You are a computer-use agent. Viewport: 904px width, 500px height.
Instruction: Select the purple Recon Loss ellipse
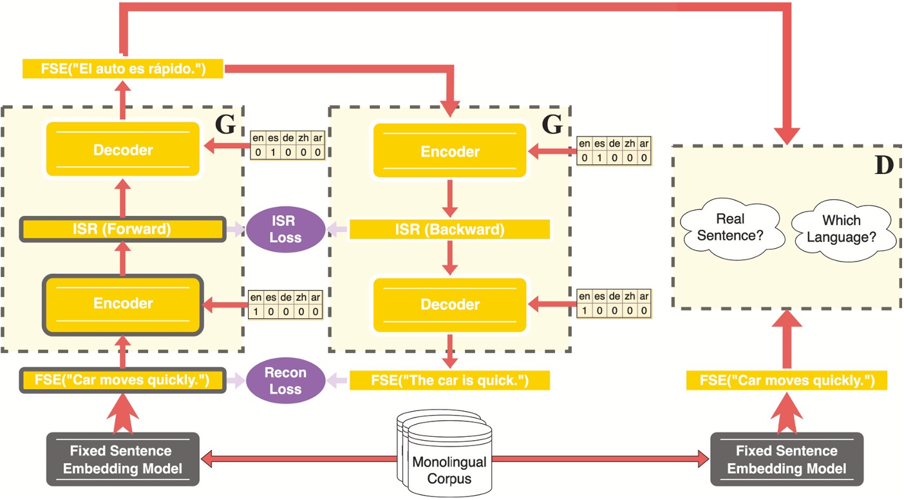click(x=285, y=381)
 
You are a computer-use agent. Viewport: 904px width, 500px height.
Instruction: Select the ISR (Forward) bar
click(x=123, y=229)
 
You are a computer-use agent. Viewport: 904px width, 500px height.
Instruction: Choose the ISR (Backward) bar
click(x=449, y=229)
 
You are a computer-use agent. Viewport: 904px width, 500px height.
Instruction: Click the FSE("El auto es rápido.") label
click(x=123, y=68)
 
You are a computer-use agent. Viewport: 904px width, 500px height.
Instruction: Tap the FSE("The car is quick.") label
click(x=449, y=380)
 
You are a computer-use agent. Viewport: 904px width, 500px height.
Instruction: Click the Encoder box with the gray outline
click(x=123, y=304)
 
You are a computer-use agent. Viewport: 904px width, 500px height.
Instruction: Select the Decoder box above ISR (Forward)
click(x=123, y=150)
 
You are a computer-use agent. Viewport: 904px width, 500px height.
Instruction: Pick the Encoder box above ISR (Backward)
click(x=449, y=151)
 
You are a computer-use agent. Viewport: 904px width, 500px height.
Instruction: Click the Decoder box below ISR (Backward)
click(x=449, y=304)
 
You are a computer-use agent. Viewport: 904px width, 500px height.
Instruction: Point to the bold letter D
click(x=883, y=166)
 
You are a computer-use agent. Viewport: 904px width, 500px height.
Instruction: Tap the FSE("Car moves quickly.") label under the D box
click(x=786, y=380)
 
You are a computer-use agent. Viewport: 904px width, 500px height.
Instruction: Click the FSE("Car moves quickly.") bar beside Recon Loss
click(x=123, y=380)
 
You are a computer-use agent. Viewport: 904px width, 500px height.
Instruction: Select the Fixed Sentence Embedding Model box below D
click(x=786, y=458)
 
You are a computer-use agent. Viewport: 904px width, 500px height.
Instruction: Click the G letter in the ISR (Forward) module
click(x=225, y=124)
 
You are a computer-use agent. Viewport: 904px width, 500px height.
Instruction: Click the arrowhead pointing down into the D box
click(x=786, y=135)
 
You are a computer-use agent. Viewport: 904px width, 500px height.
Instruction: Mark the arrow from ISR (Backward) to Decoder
click(x=449, y=258)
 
